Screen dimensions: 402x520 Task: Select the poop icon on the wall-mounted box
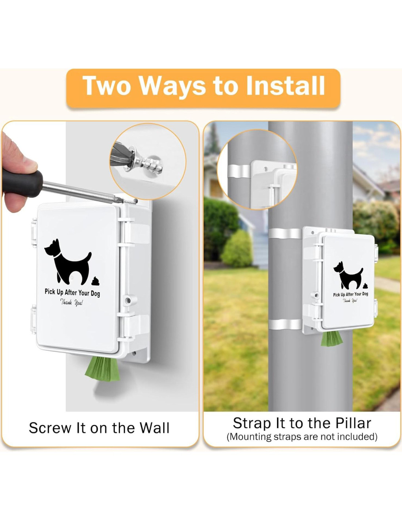[96, 281]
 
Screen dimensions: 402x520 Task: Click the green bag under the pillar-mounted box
[331, 340]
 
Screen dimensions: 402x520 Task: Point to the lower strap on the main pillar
[285, 324]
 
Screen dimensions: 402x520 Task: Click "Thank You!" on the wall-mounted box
[72, 302]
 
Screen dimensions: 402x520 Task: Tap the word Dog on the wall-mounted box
[95, 294]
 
